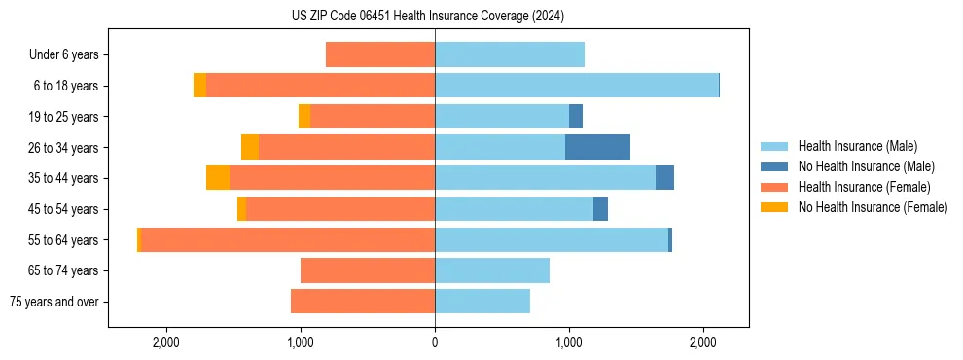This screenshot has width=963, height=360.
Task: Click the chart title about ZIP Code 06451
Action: click(x=427, y=16)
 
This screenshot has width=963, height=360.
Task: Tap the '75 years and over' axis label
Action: click(x=54, y=302)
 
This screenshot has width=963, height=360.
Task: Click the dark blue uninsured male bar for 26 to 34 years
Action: click(x=597, y=147)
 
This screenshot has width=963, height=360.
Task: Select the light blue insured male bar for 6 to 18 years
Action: click(x=576, y=86)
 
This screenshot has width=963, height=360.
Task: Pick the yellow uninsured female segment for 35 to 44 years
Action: click(x=218, y=178)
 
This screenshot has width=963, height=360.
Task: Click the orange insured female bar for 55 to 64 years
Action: click(x=287, y=239)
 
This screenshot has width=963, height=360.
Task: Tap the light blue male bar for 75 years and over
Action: click(x=482, y=302)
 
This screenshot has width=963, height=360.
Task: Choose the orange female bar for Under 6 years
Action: click(x=380, y=55)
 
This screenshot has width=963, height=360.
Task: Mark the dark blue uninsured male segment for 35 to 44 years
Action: click(x=664, y=178)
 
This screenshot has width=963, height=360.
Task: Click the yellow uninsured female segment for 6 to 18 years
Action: click(x=199, y=86)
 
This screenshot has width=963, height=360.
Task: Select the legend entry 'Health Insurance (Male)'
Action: click(x=857, y=146)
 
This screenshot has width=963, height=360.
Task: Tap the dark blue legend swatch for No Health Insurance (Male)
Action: click(x=773, y=166)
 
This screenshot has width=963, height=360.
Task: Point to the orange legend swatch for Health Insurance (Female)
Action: click(x=773, y=187)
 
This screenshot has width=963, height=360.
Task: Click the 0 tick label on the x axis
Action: click(x=435, y=343)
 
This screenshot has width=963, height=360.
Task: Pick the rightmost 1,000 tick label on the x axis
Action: click(x=569, y=343)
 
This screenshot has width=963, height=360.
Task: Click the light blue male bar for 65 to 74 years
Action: click(x=492, y=270)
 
